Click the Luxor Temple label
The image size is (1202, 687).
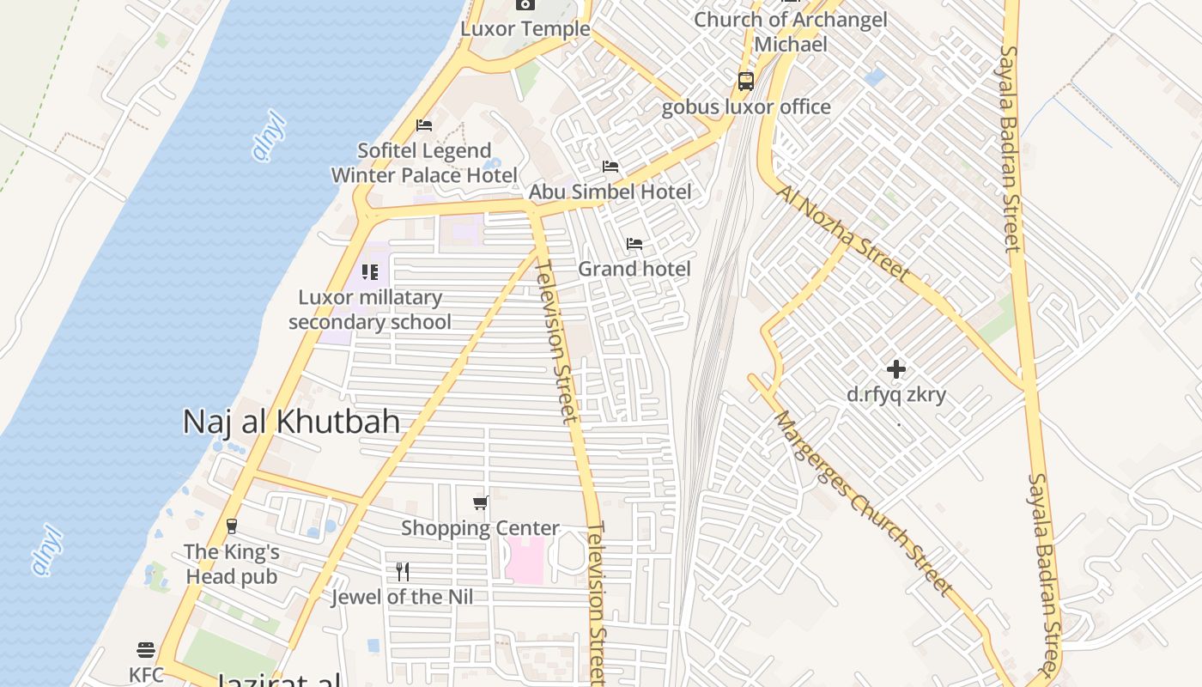pyautogui.click(x=525, y=28)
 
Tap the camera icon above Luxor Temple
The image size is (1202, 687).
pyautogui.click(x=525, y=4)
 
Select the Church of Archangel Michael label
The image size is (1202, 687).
pyautogui.click(x=791, y=32)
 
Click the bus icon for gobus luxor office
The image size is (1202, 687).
pyautogui.click(x=746, y=82)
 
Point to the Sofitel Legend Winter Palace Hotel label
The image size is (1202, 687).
pyautogui.click(x=424, y=163)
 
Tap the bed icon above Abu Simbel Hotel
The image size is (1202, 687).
pyautogui.click(x=610, y=166)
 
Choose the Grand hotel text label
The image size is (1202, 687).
pyautogui.click(x=634, y=269)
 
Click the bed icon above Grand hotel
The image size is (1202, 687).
pyautogui.click(x=634, y=244)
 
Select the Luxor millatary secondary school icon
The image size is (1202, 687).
pyautogui.click(x=370, y=272)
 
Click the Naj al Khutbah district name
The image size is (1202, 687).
pyautogui.click(x=292, y=422)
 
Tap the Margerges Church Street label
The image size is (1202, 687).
pyautogui.click(x=863, y=504)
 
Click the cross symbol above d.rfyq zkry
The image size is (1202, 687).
pyautogui.click(x=896, y=369)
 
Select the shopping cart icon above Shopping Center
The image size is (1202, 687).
pyautogui.click(x=481, y=502)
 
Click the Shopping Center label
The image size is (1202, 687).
pyautogui.click(x=480, y=528)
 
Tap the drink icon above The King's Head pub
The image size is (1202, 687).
pyautogui.click(x=231, y=526)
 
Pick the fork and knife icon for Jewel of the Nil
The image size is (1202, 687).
pyautogui.click(x=402, y=571)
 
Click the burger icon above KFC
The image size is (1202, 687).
pyautogui.click(x=146, y=649)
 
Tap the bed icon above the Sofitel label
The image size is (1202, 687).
pyautogui.click(x=424, y=125)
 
